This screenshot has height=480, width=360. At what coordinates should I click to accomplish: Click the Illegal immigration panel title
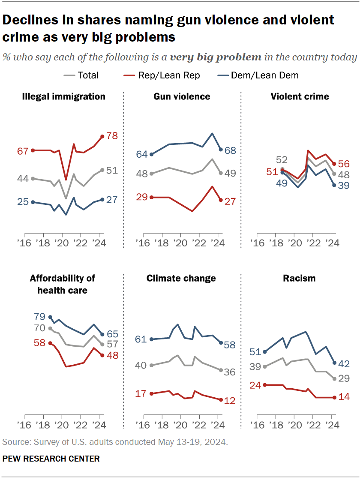pos(64,96)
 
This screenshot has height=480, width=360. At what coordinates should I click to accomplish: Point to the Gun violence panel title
pos(182,96)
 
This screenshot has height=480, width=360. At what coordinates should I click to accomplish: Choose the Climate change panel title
pos(181,278)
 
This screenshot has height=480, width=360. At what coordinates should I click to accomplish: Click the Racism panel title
pos(299,278)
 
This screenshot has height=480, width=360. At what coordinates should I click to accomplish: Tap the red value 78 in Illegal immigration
pos(111,136)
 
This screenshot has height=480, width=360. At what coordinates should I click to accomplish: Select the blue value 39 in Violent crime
pos(344,186)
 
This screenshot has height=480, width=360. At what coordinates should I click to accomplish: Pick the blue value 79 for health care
pos(40,317)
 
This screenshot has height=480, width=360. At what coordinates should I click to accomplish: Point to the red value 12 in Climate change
pos(230,400)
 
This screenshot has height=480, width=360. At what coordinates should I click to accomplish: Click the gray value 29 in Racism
pos(344,378)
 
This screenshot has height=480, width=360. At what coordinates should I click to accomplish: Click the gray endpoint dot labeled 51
pos(102,170)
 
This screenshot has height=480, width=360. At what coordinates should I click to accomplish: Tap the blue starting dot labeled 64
pos(152,154)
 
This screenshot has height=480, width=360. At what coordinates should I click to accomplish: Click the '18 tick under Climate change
pos(162,425)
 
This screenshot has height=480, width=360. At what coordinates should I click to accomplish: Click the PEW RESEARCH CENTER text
pos(51,459)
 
